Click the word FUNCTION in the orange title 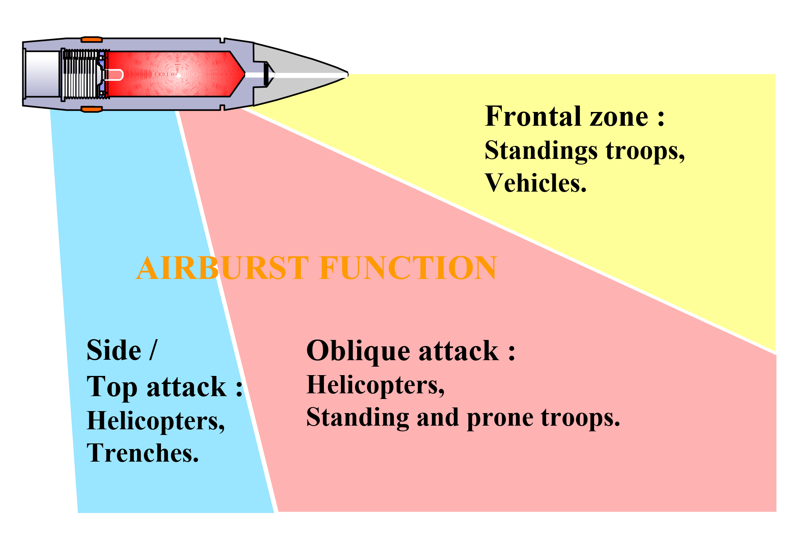[x=408, y=268]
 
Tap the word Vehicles [x=535, y=183]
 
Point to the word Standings [x=541, y=151]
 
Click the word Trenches [x=143, y=453]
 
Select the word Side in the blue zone [x=114, y=350]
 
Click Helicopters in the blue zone [x=156, y=422]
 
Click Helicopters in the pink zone [x=376, y=385]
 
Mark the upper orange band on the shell [x=91, y=40]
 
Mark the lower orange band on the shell [x=91, y=109]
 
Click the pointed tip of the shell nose [x=347, y=74]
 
